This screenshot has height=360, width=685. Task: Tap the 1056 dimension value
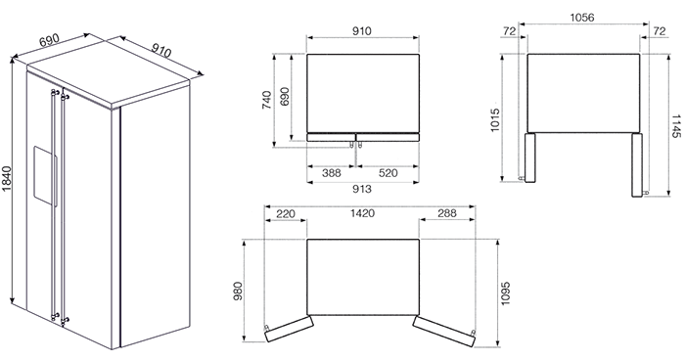(x=582, y=18)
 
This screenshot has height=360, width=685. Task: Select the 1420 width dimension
(x=363, y=213)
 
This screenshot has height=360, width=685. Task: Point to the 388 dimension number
(x=332, y=173)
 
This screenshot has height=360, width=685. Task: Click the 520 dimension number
(x=388, y=173)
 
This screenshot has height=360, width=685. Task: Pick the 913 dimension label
(x=362, y=189)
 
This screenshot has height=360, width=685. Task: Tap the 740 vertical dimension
(x=266, y=100)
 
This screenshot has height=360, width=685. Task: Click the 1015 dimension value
(x=494, y=121)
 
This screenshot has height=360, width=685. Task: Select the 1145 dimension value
(x=675, y=127)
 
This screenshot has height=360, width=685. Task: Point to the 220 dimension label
(x=286, y=214)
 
